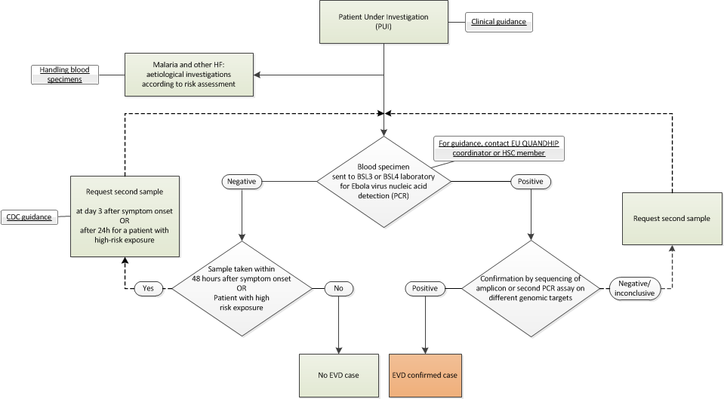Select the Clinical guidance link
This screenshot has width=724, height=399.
click(499, 23)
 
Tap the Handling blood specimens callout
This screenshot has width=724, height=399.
click(65, 75)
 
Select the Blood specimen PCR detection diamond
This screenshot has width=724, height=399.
click(385, 182)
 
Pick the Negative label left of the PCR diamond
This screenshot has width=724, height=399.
click(242, 182)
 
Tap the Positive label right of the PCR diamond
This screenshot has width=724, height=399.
click(531, 182)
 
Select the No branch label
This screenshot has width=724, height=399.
click(338, 287)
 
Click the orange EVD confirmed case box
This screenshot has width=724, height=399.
click(424, 375)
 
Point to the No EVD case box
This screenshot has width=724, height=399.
click(338, 375)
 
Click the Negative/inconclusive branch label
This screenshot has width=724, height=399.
click(637, 287)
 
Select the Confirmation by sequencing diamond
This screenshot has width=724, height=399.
click(533, 287)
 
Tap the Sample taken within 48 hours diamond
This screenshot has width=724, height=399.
click(242, 287)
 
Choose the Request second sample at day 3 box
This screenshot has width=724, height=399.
click(125, 217)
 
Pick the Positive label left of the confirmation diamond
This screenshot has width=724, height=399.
click(424, 287)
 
